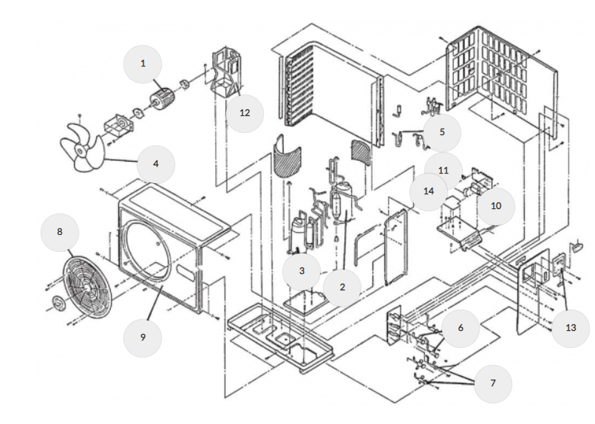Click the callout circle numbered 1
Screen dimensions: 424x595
143,64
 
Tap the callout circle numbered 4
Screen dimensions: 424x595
154,163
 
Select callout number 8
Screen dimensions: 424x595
60,232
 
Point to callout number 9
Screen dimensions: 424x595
143,337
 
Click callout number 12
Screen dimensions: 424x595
245,113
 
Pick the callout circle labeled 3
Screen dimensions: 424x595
302,271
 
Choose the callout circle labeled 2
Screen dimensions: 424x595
342,287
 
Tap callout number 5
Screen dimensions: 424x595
442,133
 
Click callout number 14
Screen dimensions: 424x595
429,191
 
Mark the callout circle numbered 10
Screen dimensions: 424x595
496,205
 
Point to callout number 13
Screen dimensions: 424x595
571,328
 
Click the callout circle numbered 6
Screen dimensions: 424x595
460,328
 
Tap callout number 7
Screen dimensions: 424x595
493,383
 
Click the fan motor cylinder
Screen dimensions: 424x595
161,98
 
